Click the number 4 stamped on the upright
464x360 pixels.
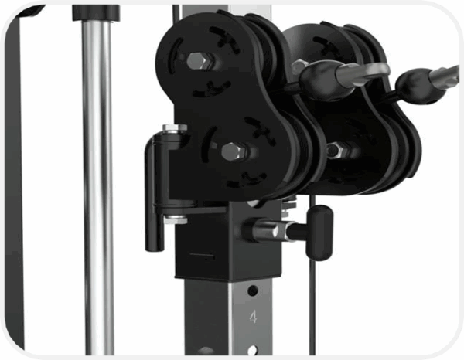[253, 317]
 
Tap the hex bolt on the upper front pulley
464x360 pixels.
[196, 61]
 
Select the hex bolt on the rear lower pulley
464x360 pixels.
[335, 150]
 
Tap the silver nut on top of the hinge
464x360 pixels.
[175, 127]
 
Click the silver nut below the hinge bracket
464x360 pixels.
[176, 220]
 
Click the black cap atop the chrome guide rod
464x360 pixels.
[96, 13]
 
